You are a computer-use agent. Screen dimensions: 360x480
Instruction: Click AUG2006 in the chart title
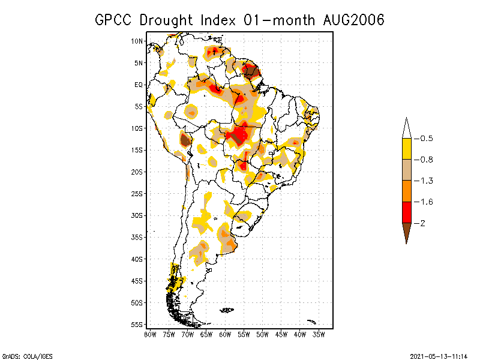350,20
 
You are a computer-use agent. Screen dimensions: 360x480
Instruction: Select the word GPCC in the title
113,20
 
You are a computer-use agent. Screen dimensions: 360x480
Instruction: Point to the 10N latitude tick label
137,41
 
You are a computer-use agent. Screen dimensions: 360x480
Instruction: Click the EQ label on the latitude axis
139,85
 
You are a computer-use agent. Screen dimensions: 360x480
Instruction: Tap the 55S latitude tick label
137,324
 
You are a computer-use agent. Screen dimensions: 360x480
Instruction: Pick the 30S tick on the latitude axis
137,215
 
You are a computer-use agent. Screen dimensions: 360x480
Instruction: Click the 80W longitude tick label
151,334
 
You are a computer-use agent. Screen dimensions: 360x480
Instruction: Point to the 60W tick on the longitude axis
225,334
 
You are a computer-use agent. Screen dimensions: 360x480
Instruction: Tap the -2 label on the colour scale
422,223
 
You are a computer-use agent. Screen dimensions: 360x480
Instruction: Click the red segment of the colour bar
406,212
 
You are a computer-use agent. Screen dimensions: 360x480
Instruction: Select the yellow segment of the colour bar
406,149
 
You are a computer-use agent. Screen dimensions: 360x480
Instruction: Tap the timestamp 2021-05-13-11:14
439,355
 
